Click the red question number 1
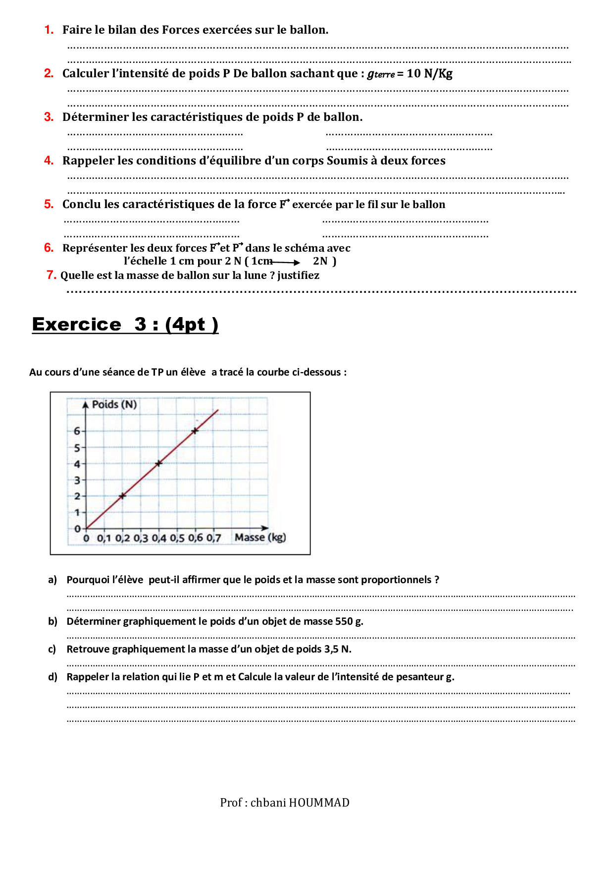click(x=49, y=30)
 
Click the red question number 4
click(x=49, y=161)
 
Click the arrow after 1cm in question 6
click(x=286, y=262)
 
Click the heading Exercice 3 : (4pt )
click(x=125, y=325)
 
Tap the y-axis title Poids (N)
click(x=114, y=404)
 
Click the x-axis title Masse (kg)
click(x=260, y=537)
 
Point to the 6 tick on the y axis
click(x=77, y=431)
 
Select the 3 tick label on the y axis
click(x=77, y=480)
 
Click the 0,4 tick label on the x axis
click(x=159, y=538)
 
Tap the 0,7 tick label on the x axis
click(x=213, y=538)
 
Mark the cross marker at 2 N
click(x=122, y=495)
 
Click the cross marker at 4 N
click(x=159, y=463)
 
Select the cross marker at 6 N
click(x=195, y=431)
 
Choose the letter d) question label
click(x=52, y=677)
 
